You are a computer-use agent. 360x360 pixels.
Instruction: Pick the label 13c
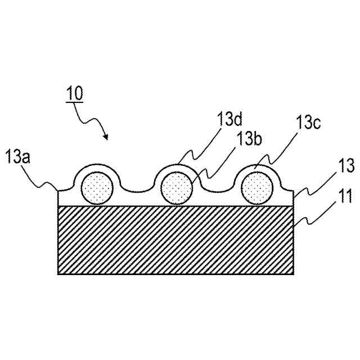click(309, 122)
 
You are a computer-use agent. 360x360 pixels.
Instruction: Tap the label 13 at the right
click(346, 166)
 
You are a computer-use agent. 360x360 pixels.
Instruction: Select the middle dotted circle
click(176, 188)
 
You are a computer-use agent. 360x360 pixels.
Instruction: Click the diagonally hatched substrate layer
click(176, 240)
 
